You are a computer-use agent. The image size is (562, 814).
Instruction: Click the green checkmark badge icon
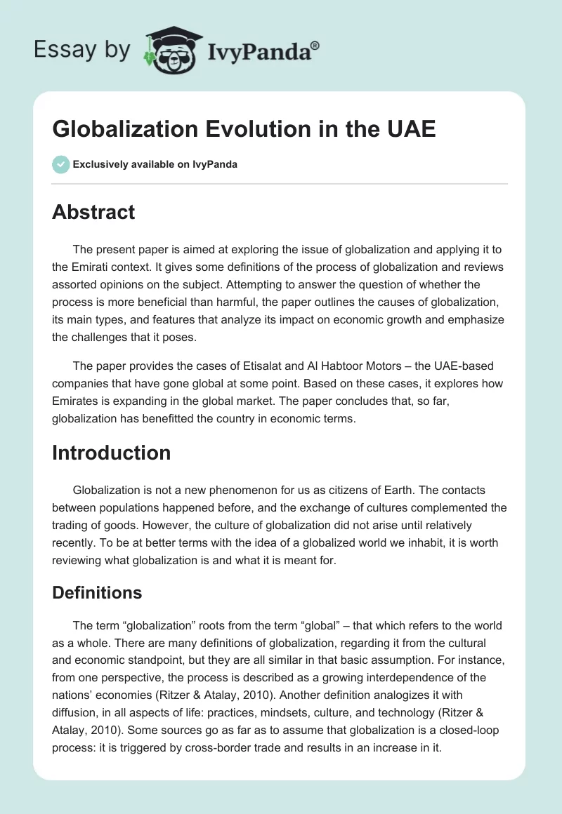60,164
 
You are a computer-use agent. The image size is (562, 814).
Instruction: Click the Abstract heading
93,212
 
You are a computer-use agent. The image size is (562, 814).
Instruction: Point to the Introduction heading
111,453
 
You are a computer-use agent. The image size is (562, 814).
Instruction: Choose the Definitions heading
97,592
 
